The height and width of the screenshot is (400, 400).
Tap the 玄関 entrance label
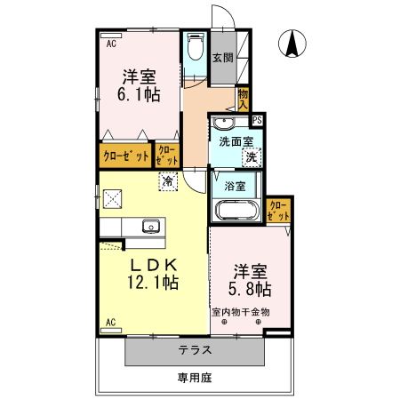[x=223, y=58]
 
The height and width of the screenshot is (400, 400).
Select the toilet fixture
[x=196, y=49]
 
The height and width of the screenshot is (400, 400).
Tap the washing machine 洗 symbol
[x=252, y=156]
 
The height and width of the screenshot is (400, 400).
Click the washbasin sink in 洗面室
[x=223, y=123]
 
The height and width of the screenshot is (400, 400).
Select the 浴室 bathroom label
[x=235, y=187]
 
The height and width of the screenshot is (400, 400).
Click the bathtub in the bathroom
[x=236, y=212]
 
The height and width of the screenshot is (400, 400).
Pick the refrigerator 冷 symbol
[x=167, y=180]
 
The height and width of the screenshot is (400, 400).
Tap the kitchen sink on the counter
[x=149, y=226]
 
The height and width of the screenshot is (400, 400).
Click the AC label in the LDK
[x=111, y=322]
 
